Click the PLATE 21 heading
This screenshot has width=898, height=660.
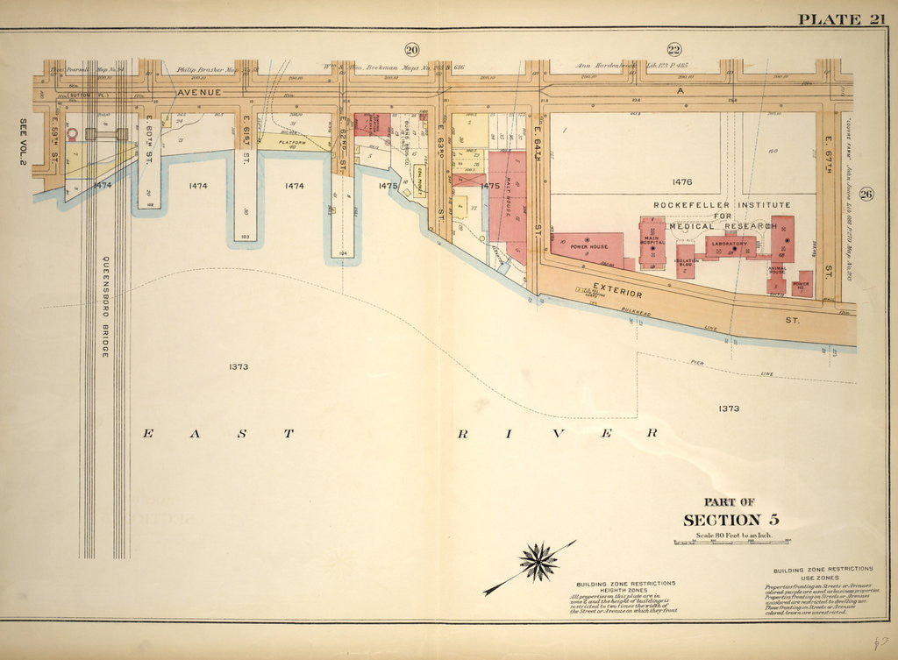[x=841, y=19]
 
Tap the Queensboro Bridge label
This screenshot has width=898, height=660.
[x=104, y=306]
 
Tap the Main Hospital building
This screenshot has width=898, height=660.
[x=652, y=241]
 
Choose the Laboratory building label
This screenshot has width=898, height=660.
[x=730, y=244]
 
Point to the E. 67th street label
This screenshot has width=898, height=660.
[x=828, y=148]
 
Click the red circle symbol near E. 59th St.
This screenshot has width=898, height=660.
[x=73, y=134]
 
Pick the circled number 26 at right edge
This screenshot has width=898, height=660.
[x=866, y=195]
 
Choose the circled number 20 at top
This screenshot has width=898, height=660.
[x=412, y=48]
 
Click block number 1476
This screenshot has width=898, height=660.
[x=682, y=182]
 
